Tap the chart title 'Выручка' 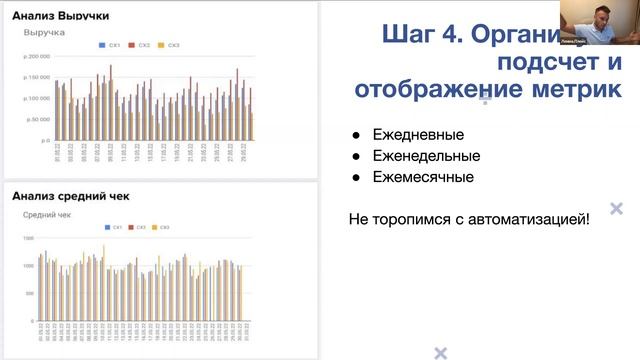[x=44, y=33]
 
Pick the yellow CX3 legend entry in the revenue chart [x=171, y=46]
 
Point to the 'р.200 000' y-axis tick [x=37, y=56]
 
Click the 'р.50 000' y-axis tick [x=37, y=120]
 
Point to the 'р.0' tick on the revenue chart [x=45, y=141]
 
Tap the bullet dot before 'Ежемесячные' [x=356, y=178]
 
